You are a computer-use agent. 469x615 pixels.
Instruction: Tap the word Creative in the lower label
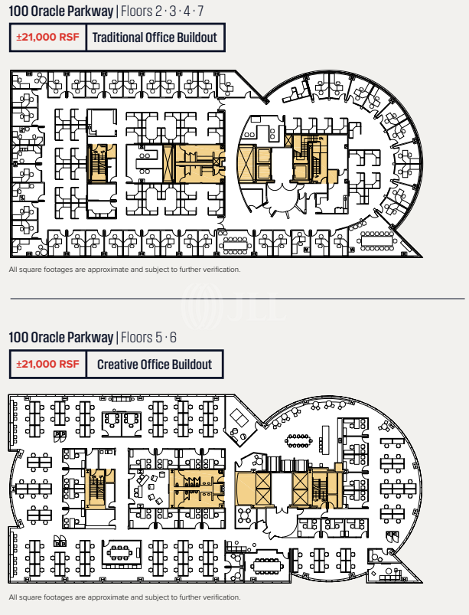coord(118,365)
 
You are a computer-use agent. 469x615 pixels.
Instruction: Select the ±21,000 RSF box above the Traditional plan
coord(47,37)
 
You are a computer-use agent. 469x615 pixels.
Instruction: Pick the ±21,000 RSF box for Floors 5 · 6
coord(47,365)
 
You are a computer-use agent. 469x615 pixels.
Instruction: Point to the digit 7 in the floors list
coord(200,11)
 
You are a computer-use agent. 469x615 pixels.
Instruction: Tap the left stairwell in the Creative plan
coord(96,489)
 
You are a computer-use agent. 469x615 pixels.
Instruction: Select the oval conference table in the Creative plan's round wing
coord(298,440)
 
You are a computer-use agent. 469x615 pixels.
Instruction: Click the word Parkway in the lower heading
coord(91,337)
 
